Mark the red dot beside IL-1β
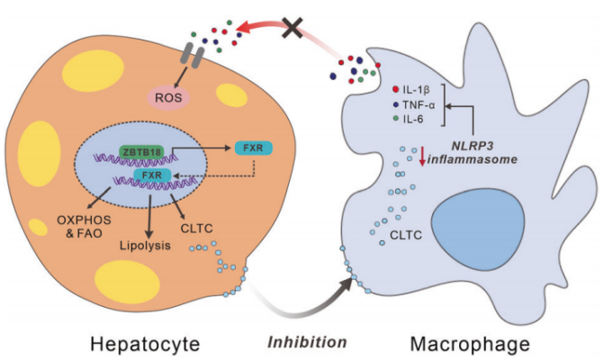tap(397, 90)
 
